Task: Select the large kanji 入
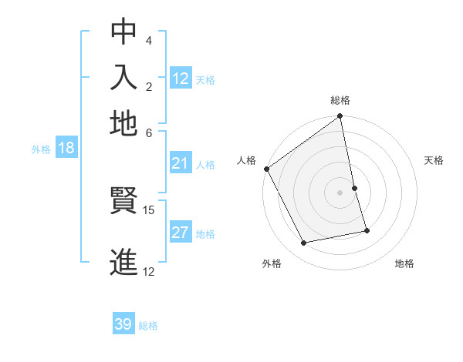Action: (123, 77)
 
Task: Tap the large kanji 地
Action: (123, 122)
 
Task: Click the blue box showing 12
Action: (181, 79)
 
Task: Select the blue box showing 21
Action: (181, 163)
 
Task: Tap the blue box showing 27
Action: (181, 233)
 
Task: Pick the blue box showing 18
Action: (66, 149)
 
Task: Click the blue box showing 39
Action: (123, 325)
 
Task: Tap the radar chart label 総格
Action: (340, 100)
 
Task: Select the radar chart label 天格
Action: (434, 160)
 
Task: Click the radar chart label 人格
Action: (246, 160)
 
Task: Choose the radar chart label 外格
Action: (272, 264)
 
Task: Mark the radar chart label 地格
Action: (404, 264)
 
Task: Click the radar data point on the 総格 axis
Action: (340, 118)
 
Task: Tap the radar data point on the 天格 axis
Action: (354, 188)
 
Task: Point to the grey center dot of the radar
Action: (340, 193)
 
